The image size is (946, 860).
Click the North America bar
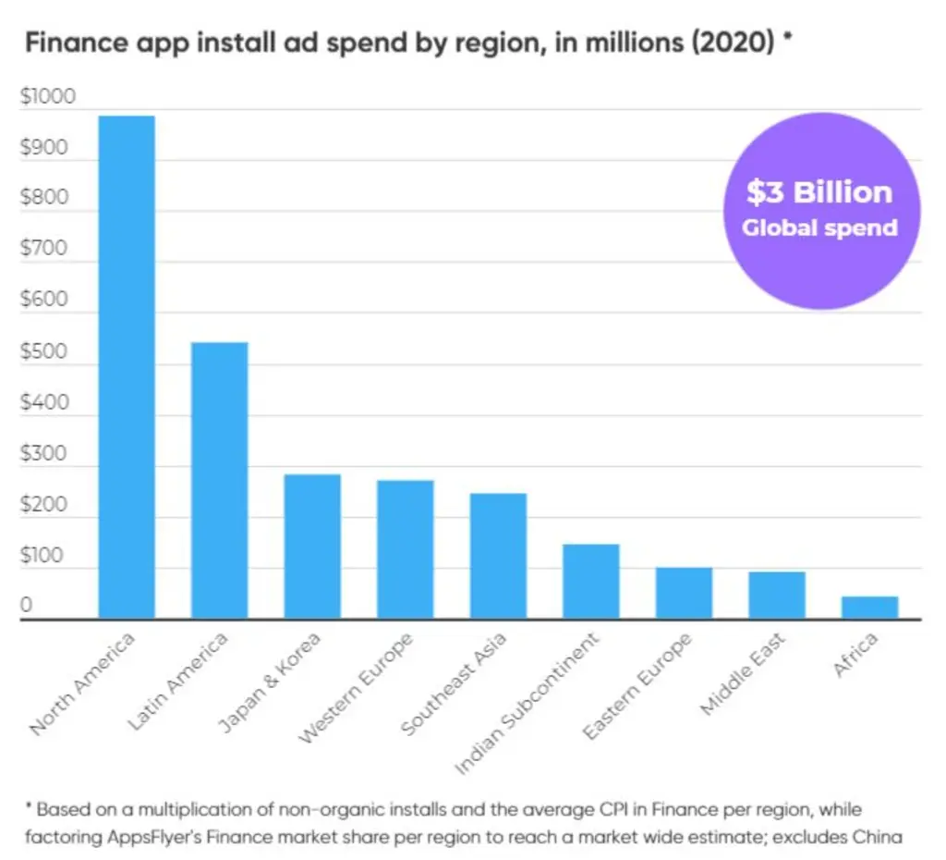(x=127, y=367)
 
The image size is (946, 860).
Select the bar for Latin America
(x=220, y=481)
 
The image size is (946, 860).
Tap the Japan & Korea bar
(x=312, y=547)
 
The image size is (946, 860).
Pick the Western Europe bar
(x=406, y=549)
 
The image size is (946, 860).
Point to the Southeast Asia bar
(x=498, y=556)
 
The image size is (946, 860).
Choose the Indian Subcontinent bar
(x=591, y=582)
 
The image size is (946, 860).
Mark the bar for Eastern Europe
(x=685, y=593)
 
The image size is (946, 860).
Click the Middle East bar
(x=777, y=596)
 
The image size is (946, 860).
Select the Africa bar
(x=870, y=608)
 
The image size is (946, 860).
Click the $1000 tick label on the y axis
(x=48, y=96)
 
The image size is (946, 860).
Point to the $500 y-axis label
(x=44, y=351)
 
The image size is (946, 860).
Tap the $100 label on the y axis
(x=42, y=555)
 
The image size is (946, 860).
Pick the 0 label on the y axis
(x=26, y=605)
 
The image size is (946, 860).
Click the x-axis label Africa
(x=855, y=655)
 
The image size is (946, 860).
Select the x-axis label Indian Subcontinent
(x=528, y=704)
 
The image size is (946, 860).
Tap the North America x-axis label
(x=82, y=683)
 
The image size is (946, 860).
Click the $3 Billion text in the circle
(x=819, y=192)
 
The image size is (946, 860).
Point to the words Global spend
(x=820, y=228)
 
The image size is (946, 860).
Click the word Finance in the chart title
(x=77, y=43)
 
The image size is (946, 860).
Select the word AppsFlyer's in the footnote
(x=155, y=837)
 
